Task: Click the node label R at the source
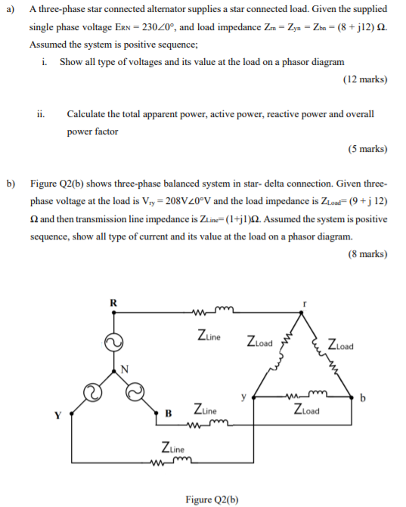[113, 304]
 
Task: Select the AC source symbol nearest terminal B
[137, 391]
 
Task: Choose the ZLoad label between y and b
[305, 412]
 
